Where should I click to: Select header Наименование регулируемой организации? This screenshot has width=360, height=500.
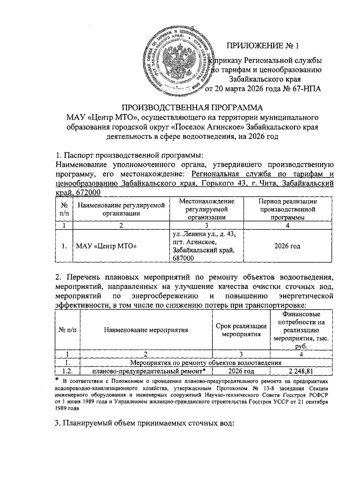(x=121, y=209)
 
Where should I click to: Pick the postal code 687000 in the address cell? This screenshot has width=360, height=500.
(x=183, y=258)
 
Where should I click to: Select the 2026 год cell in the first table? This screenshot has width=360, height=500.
(x=287, y=246)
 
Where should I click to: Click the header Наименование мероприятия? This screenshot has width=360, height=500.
(x=146, y=330)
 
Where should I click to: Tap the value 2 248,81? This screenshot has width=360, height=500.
(x=301, y=371)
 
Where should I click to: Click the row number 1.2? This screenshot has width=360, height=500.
(x=67, y=371)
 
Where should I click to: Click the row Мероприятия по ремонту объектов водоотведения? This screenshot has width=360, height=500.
(x=206, y=363)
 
